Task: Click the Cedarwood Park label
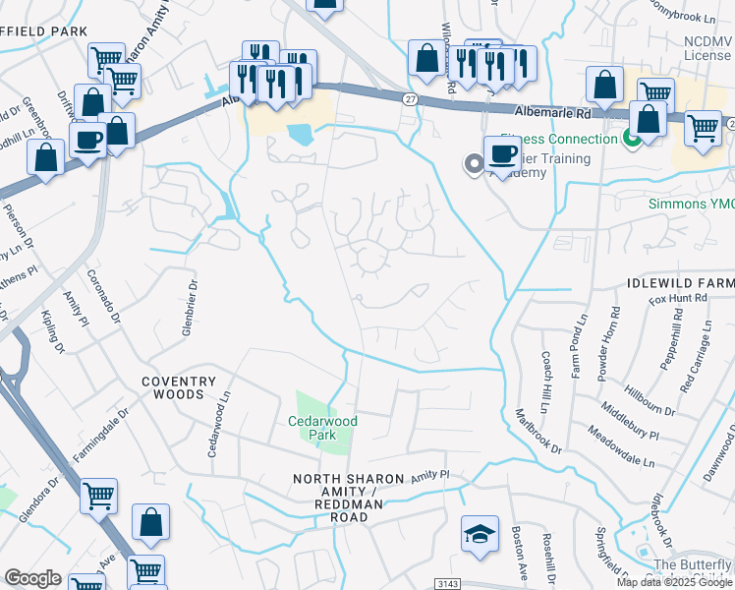pyautogui.click(x=322, y=428)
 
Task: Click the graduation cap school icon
pyautogui.click(x=480, y=534)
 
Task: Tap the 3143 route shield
pyautogui.click(x=447, y=584)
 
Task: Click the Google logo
pyautogui.click(x=32, y=578)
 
